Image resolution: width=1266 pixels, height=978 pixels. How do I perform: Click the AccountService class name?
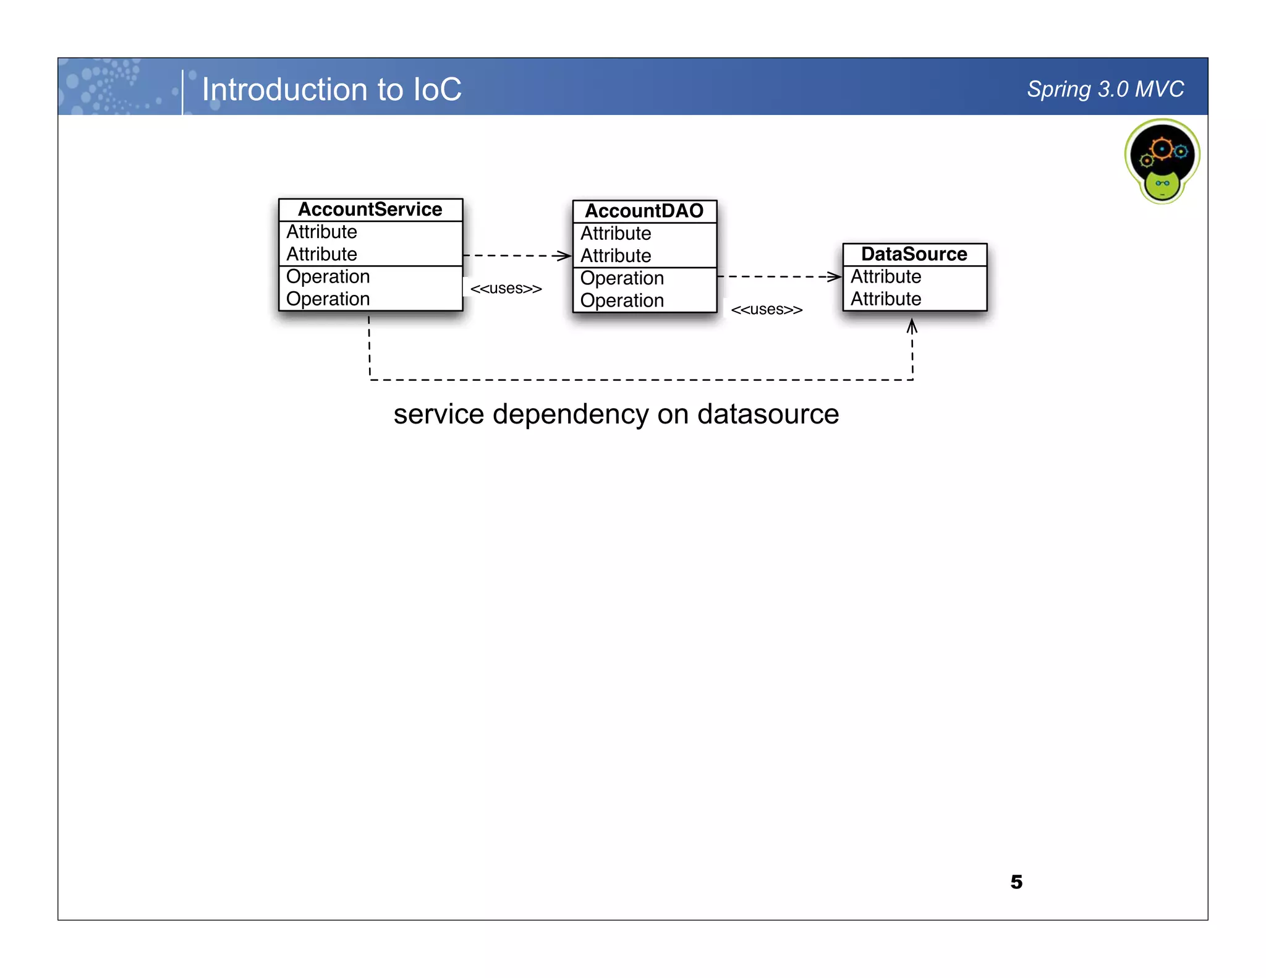(x=370, y=210)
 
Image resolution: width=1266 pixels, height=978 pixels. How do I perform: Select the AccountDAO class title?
(x=644, y=211)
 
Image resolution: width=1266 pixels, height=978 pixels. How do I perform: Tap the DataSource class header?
(x=914, y=254)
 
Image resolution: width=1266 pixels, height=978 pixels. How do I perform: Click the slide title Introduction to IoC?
(x=331, y=90)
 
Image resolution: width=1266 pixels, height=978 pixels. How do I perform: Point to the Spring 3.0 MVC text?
(x=1105, y=89)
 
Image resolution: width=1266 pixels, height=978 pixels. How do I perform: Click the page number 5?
(x=1016, y=882)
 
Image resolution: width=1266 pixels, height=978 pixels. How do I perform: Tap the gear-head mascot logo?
(x=1162, y=161)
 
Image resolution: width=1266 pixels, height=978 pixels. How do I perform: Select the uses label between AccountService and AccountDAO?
(x=506, y=289)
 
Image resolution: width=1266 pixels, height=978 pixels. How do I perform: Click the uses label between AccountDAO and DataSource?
(x=767, y=310)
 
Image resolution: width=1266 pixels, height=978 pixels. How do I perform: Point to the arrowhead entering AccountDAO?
(x=564, y=255)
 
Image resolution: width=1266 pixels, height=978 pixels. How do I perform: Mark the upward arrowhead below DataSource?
(x=912, y=325)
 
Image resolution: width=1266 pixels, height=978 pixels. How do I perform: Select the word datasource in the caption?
(x=768, y=414)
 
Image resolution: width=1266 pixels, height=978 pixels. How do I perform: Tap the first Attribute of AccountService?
(x=321, y=232)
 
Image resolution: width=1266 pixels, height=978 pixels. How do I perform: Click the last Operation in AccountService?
(x=328, y=299)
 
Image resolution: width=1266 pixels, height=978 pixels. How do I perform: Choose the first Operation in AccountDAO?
(x=622, y=278)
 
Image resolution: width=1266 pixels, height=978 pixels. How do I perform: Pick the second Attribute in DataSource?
(x=886, y=299)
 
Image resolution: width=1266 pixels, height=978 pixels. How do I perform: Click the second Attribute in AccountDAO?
(x=616, y=256)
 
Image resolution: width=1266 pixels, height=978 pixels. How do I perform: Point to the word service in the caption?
(x=438, y=414)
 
